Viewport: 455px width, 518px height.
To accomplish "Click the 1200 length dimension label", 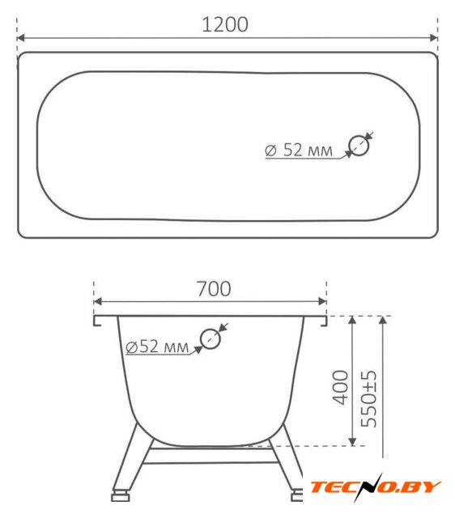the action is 225,24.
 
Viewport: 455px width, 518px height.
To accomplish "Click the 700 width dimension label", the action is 214,289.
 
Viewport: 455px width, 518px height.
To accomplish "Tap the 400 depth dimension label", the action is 340,387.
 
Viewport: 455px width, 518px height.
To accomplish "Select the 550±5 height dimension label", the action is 368,399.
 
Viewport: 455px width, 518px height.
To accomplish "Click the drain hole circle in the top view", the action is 359,146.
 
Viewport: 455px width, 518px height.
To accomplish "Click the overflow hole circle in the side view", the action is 210,338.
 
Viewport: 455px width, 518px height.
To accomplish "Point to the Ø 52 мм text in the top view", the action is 299,150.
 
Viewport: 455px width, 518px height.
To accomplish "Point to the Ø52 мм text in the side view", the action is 157,346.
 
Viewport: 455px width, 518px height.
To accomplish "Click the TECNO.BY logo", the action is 376,487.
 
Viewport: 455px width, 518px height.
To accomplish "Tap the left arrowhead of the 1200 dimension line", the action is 20,38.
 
